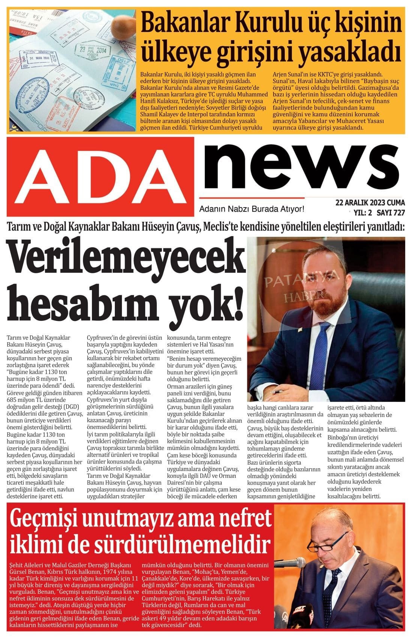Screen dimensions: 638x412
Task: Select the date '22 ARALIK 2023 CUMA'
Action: [370, 203]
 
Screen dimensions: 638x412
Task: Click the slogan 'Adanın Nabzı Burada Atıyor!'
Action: [251, 209]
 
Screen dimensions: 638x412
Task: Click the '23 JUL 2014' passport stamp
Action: [92, 49]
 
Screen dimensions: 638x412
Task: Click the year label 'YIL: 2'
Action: [362, 213]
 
